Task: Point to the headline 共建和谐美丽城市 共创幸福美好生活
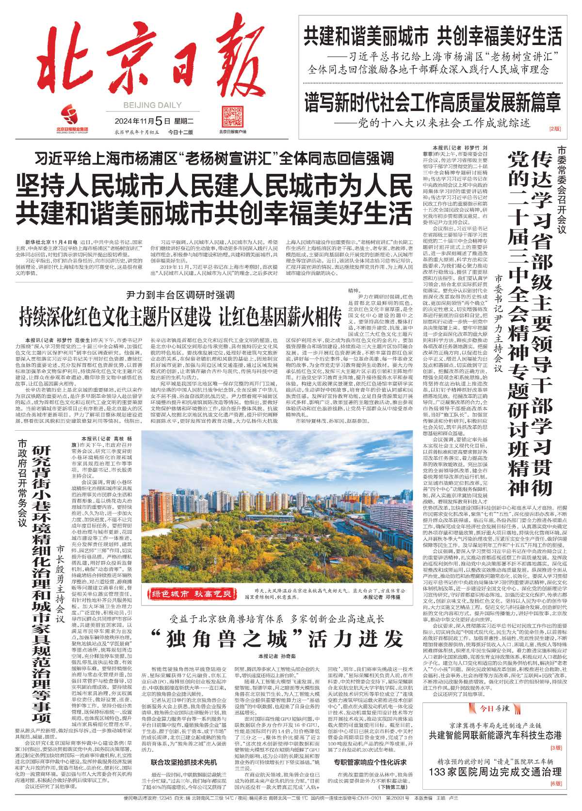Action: tap(433, 36)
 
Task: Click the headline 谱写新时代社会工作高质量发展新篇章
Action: tap(433, 101)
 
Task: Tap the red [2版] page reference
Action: tap(555, 129)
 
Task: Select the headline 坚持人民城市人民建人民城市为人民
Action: tap(214, 186)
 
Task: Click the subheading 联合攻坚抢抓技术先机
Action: tap(184, 762)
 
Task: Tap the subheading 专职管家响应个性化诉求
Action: tap(370, 762)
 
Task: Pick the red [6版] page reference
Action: tap(555, 783)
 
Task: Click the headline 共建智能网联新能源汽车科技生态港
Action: tap(494, 735)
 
